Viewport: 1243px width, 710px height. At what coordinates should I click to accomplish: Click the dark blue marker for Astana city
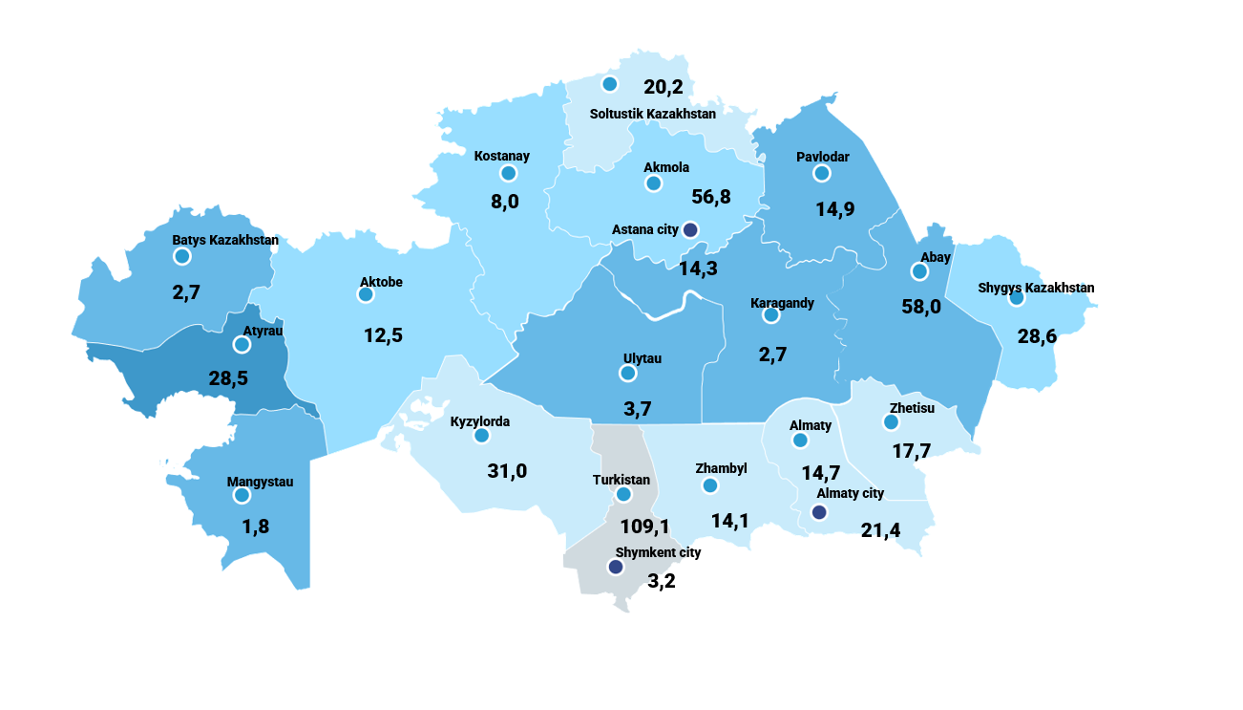click(x=691, y=230)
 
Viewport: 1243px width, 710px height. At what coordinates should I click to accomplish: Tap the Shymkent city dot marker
click(x=616, y=567)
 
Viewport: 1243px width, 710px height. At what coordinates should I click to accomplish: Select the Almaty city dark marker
click(x=818, y=512)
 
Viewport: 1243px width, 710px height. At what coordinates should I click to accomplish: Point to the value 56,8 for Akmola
click(x=710, y=197)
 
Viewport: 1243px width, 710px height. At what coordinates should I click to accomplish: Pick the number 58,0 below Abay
click(x=921, y=307)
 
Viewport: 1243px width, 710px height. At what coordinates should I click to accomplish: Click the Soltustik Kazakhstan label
click(x=652, y=114)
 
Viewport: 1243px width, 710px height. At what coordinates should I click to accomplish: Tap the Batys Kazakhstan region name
click(x=225, y=240)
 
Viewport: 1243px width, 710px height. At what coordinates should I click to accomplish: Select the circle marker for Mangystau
click(x=242, y=495)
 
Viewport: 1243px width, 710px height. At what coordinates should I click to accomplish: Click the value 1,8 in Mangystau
click(x=256, y=527)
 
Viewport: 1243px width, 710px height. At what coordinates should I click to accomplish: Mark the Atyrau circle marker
click(x=242, y=344)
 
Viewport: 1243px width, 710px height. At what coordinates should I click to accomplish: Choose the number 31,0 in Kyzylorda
click(x=507, y=470)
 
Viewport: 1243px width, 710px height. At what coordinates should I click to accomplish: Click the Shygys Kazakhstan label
click(x=1036, y=288)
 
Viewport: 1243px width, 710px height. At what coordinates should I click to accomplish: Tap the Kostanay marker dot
click(x=508, y=173)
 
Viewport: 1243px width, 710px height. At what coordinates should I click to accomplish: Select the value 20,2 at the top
click(x=664, y=87)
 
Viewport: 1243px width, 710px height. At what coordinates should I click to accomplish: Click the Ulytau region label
click(x=643, y=358)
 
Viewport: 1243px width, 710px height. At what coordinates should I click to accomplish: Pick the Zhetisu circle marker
click(x=891, y=421)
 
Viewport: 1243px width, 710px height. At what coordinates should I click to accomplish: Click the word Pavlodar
click(x=822, y=157)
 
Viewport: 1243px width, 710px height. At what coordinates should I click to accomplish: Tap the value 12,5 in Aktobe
click(x=384, y=335)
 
